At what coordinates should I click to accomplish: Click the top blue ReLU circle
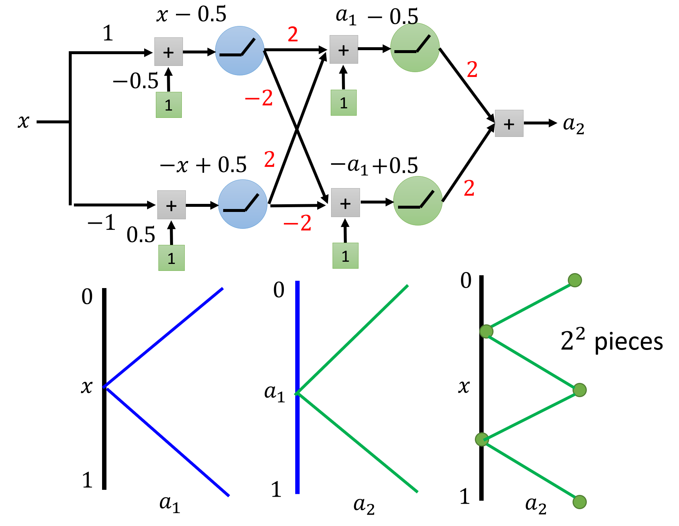tap(240, 51)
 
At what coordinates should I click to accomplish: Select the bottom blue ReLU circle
tap(243, 204)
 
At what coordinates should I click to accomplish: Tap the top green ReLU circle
tap(415, 48)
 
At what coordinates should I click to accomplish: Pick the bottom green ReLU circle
tap(418, 201)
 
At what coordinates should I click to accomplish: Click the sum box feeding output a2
tap(509, 123)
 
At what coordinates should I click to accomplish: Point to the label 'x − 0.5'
tap(191, 15)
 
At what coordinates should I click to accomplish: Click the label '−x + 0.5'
tap(203, 165)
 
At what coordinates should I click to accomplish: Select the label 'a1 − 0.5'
tap(377, 16)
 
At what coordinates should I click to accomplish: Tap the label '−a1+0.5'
tap(374, 165)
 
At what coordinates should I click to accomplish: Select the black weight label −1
tap(102, 222)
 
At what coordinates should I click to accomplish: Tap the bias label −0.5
tap(136, 81)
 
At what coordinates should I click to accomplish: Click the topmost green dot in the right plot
tap(575, 280)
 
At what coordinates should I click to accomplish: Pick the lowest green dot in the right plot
tap(579, 502)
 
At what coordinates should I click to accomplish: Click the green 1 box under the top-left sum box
tap(169, 105)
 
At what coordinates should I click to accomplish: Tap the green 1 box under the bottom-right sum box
tap(345, 256)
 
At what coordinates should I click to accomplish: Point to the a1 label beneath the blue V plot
tap(170, 504)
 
